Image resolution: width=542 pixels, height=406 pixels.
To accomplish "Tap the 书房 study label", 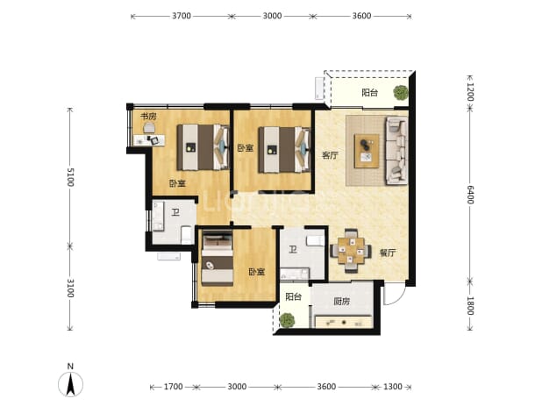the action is pyautogui.click(x=148, y=116).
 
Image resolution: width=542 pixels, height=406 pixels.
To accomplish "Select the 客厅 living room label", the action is pyautogui.click(x=330, y=155).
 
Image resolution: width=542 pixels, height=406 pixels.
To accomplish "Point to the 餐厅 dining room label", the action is pyautogui.click(x=388, y=253).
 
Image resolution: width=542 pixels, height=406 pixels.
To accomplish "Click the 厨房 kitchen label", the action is pyautogui.click(x=341, y=302).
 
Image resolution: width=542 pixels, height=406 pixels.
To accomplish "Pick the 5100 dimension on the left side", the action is pyautogui.click(x=70, y=177).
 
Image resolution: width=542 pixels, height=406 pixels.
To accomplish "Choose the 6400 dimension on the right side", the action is pyautogui.click(x=470, y=195).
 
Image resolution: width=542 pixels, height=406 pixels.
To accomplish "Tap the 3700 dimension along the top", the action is pyautogui.click(x=182, y=16).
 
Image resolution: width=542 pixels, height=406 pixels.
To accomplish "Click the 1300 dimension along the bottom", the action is pyautogui.click(x=393, y=387).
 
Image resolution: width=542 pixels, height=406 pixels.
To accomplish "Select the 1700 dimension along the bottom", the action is pyautogui.click(x=173, y=387).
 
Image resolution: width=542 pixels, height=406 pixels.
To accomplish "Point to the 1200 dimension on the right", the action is pyautogui.click(x=470, y=92).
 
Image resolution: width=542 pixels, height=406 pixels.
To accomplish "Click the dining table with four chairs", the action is pyautogui.click(x=351, y=251).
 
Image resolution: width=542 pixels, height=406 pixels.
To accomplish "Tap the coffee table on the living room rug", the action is pyautogui.click(x=367, y=152).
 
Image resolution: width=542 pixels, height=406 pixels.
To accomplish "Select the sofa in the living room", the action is pyautogui.click(x=396, y=150).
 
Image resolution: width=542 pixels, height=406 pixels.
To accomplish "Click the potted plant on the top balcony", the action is pyautogui.click(x=401, y=93).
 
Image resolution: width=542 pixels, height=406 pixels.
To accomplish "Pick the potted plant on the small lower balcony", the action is pyautogui.click(x=287, y=320).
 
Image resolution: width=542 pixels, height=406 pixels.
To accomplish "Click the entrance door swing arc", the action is pyautogui.click(x=397, y=298).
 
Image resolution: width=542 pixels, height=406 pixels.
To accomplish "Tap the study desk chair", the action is pyautogui.click(x=149, y=128).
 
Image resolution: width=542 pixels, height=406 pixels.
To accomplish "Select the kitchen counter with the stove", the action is pyautogui.click(x=344, y=322).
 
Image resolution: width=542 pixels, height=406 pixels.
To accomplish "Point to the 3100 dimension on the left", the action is pyautogui.click(x=70, y=288).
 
